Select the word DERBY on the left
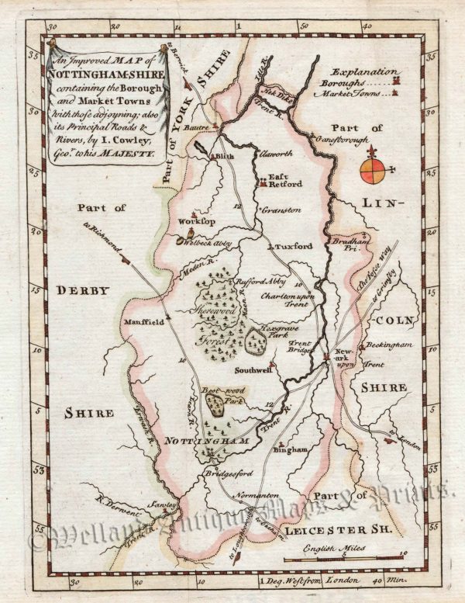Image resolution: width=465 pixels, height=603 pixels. coord(78,289)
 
